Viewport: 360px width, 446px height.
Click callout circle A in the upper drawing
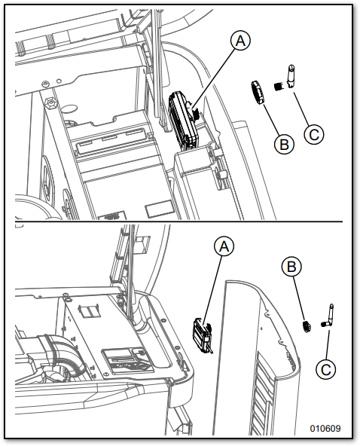tap(240, 41)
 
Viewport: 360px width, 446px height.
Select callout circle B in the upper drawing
tap(284, 144)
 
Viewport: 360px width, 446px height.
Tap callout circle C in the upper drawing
tap(314, 134)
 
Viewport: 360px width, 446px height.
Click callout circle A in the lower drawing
tap(224, 246)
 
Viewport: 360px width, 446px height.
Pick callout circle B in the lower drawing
tap(291, 267)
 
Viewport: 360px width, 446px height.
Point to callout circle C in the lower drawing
tap(326, 369)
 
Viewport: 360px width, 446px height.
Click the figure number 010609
tap(325, 428)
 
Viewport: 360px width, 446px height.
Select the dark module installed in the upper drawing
tap(183, 121)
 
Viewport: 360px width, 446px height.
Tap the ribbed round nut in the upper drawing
tap(258, 93)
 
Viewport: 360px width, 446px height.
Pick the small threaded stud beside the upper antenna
tap(279, 86)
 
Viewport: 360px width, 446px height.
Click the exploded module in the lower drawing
tap(203, 336)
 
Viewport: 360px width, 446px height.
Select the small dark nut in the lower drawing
tap(307, 326)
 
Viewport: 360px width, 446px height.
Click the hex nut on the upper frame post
tap(50, 102)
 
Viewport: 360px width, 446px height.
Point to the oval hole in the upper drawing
tap(69, 109)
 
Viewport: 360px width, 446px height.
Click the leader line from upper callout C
tap(301, 108)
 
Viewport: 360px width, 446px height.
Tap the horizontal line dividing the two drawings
tap(178, 221)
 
